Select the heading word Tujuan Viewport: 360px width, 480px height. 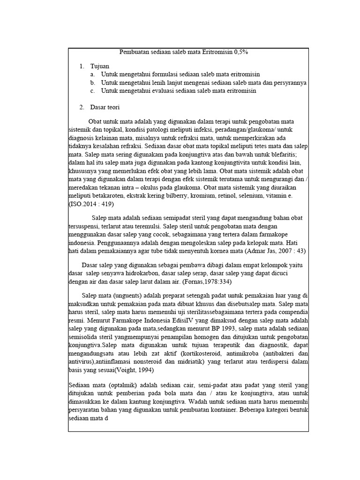100,66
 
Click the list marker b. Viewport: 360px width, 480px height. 93,82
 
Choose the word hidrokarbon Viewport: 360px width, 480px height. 148,274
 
